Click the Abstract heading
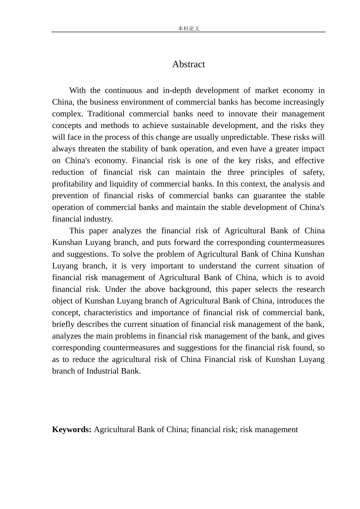(188, 64)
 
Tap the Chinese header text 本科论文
(188, 28)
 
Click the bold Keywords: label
(72, 429)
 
